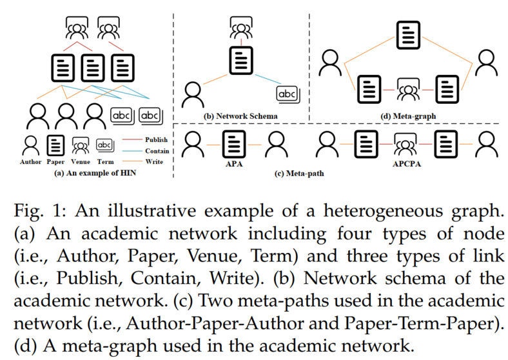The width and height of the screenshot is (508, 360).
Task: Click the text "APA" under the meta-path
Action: pyautogui.click(x=231, y=163)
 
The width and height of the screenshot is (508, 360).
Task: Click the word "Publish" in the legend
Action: pyautogui.click(x=157, y=139)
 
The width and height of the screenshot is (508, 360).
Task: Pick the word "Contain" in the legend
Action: pyautogui.click(x=157, y=150)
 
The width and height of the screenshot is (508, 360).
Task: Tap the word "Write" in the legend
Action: pyautogui.click(x=155, y=162)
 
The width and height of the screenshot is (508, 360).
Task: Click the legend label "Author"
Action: pyautogui.click(x=30, y=163)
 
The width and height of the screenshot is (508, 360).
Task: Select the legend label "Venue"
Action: pyautogui.click(x=81, y=163)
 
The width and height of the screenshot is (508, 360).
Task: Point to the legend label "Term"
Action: pyautogui.click(x=105, y=163)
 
